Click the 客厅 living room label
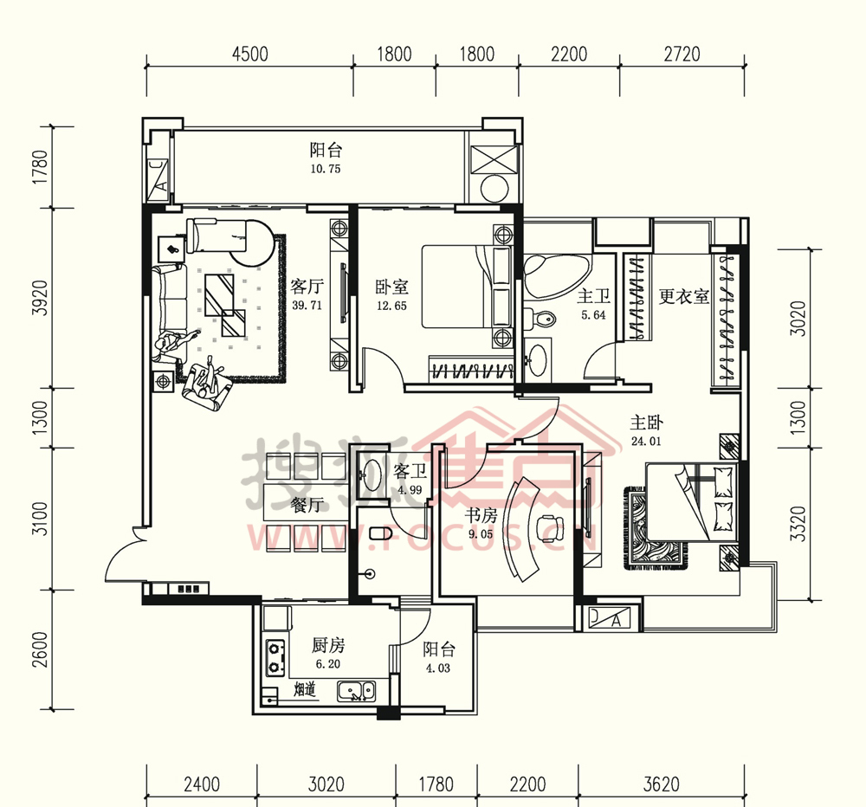coord(307,286)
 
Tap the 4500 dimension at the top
coord(250,55)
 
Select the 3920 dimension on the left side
coord(40,298)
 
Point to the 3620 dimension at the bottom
coord(661,784)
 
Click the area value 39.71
coord(307,306)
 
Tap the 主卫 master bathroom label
coord(594,297)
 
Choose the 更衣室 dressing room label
coord(684,297)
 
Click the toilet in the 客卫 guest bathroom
coord(380,533)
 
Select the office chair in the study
coord(550,527)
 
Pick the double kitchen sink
coord(356,691)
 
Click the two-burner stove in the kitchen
coord(275,658)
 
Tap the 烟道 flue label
coord(304,689)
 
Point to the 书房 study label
coord(481,515)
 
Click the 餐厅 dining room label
coord(307,504)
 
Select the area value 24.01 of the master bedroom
coord(646,442)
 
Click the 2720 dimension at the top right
coord(682,55)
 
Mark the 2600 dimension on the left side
coord(40,649)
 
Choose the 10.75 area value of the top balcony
coord(326,169)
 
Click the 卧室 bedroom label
coord(391,287)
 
